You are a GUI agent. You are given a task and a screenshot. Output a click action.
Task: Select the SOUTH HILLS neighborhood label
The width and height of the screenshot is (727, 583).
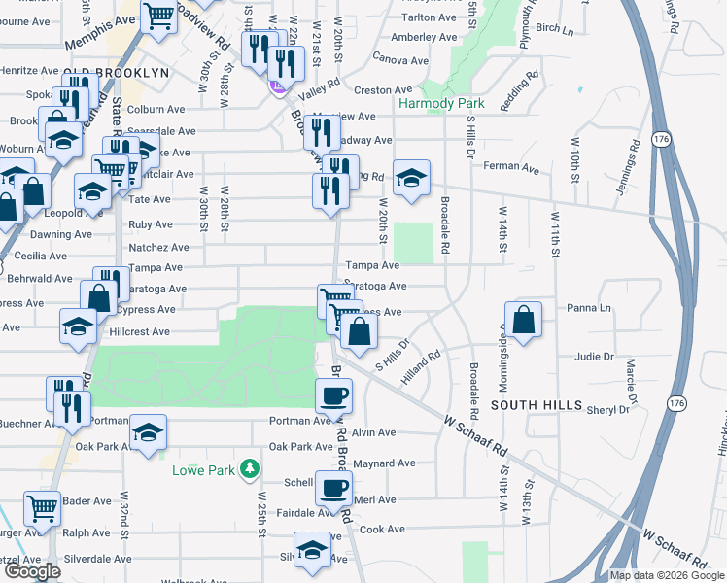[x=537, y=404]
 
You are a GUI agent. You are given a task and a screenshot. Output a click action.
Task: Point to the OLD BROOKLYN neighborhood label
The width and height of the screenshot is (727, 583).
[x=116, y=73]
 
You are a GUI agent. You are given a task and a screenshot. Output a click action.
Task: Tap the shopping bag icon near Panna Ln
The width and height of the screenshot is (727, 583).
[x=524, y=320]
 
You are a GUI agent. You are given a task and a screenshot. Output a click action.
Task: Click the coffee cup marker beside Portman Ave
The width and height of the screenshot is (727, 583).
[x=334, y=395]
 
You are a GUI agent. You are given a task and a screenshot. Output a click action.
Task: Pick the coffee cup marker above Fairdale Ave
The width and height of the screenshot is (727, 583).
[x=334, y=488]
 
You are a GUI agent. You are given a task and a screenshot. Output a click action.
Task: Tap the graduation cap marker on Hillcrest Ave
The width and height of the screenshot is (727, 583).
[x=78, y=326]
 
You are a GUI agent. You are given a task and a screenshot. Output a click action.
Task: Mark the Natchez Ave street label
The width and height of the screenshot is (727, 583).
[x=152, y=248]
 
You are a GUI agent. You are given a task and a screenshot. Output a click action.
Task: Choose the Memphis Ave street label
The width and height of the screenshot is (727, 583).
[x=100, y=33]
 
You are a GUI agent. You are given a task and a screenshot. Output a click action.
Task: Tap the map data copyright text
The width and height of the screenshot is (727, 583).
[x=666, y=575]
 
